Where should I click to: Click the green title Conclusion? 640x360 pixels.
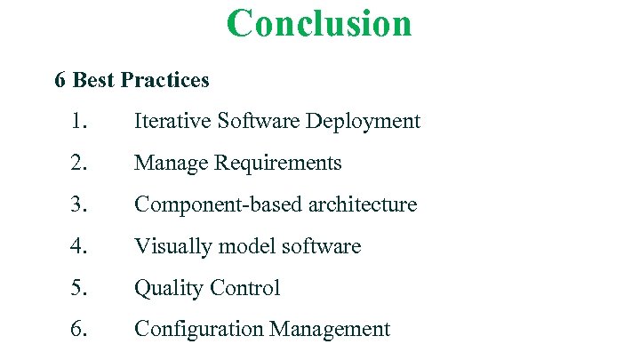click(x=319, y=23)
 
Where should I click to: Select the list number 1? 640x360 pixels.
click(x=78, y=121)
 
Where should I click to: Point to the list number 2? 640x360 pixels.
click(x=78, y=163)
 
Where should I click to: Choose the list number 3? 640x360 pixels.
click(x=78, y=204)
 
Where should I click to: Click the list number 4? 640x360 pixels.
click(x=78, y=246)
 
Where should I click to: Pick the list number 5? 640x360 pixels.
click(x=78, y=288)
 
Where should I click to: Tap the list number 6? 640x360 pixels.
click(x=78, y=330)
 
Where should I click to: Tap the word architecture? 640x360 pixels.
click(x=362, y=204)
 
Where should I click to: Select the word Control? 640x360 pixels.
click(x=244, y=288)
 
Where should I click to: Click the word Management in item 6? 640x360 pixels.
click(x=330, y=330)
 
